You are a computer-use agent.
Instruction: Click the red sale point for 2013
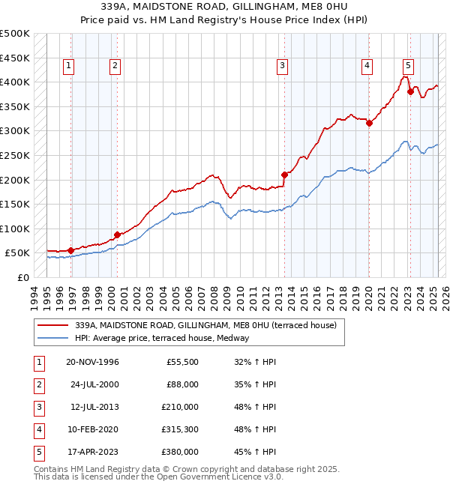pos(284,175)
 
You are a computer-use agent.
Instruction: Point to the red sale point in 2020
pos(369,124)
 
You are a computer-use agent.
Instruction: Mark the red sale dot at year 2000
pos(117,235)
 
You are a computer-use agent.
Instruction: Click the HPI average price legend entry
pos(161,338)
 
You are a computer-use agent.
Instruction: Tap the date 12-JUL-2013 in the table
pos(91,407)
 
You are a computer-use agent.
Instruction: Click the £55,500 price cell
pos(182,362)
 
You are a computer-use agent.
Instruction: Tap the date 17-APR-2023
pos(91,452)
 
